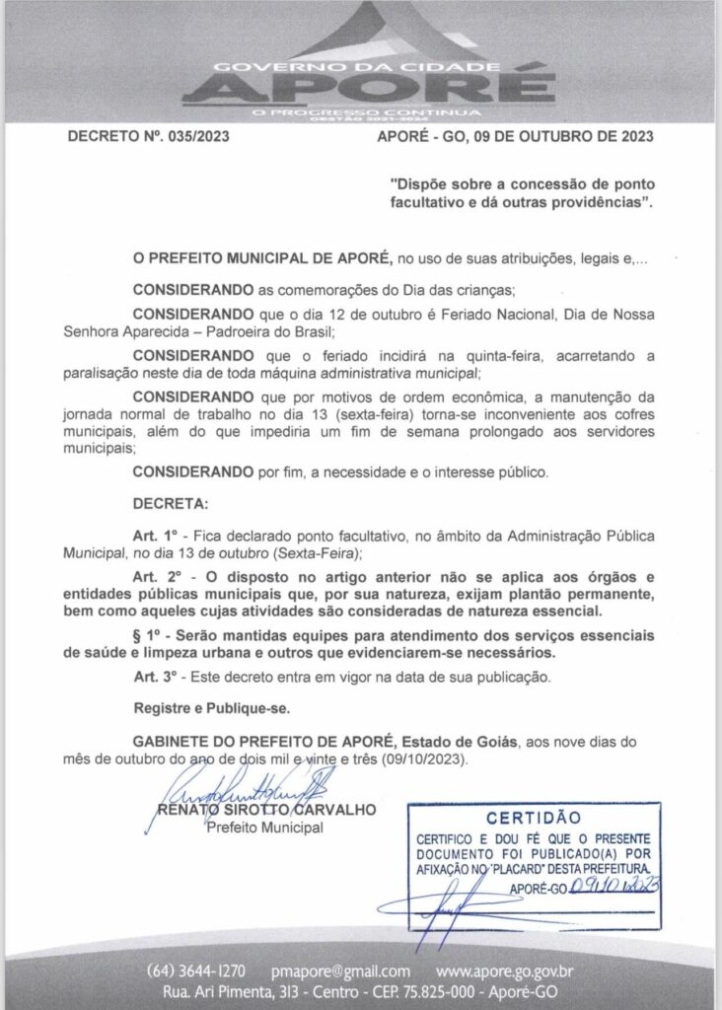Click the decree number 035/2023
(x=197, y=137)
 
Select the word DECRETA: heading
(x=171, y=504)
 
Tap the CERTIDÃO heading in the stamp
(x=531, y=818)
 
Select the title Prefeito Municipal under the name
(x=265, y=829)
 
